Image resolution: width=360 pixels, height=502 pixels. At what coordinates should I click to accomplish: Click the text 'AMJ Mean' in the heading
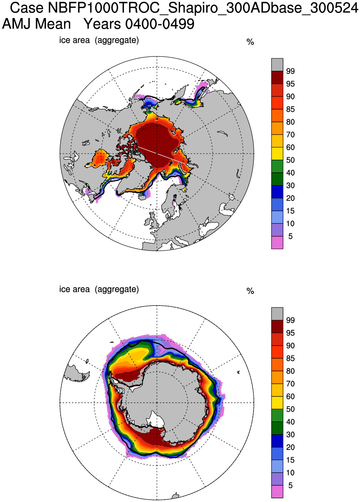tap(37, 24)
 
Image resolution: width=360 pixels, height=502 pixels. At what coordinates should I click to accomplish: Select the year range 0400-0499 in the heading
tap(160, 24)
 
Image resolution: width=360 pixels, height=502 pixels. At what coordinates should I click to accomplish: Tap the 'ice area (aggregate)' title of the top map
tap(99, 40)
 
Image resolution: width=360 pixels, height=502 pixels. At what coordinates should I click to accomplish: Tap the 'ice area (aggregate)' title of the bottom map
tap(99, 289)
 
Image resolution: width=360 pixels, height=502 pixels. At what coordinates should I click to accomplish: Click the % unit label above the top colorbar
tap(250, 42)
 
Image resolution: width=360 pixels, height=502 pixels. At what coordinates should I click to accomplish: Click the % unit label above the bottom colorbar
tap(250, 291)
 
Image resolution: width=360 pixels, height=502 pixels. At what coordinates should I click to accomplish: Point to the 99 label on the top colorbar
tap(290, 71)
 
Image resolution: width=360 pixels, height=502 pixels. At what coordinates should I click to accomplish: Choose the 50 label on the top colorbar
tap(290, 160)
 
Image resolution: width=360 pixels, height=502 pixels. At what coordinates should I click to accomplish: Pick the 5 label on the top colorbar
tap(290, 236)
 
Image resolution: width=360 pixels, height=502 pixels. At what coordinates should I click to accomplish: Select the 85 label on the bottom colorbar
tap(290, 358)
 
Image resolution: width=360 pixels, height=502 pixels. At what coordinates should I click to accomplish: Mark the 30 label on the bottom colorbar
tap(290, 435)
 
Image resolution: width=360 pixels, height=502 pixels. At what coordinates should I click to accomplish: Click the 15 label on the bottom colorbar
tap(290, 460)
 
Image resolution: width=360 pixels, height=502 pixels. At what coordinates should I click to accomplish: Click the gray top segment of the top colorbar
tap(277, 64)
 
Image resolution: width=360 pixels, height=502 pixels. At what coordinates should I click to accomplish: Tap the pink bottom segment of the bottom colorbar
tap(277, 491)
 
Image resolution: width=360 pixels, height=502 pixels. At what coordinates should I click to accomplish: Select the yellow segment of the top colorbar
tap(277, 153)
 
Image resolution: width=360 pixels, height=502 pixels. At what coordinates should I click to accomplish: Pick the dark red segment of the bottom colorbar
tap(277, 326)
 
